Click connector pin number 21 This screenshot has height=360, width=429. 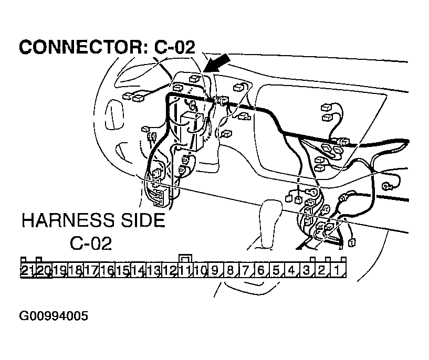(27, 271)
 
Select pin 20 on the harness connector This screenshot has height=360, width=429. (43, 271)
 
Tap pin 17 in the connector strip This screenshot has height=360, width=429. (91, 271)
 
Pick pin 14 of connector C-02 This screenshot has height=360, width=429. (138, 271)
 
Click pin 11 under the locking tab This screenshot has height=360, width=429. (185, 271)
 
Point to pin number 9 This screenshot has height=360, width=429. (214, 271)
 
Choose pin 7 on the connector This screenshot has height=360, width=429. (245, 271)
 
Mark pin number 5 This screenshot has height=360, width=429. (276, 271)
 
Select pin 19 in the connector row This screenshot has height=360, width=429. (59, 271)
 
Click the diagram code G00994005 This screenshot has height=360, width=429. (54, 316)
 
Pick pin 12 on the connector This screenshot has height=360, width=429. (169, 271)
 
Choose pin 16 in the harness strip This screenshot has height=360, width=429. (107, 271)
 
